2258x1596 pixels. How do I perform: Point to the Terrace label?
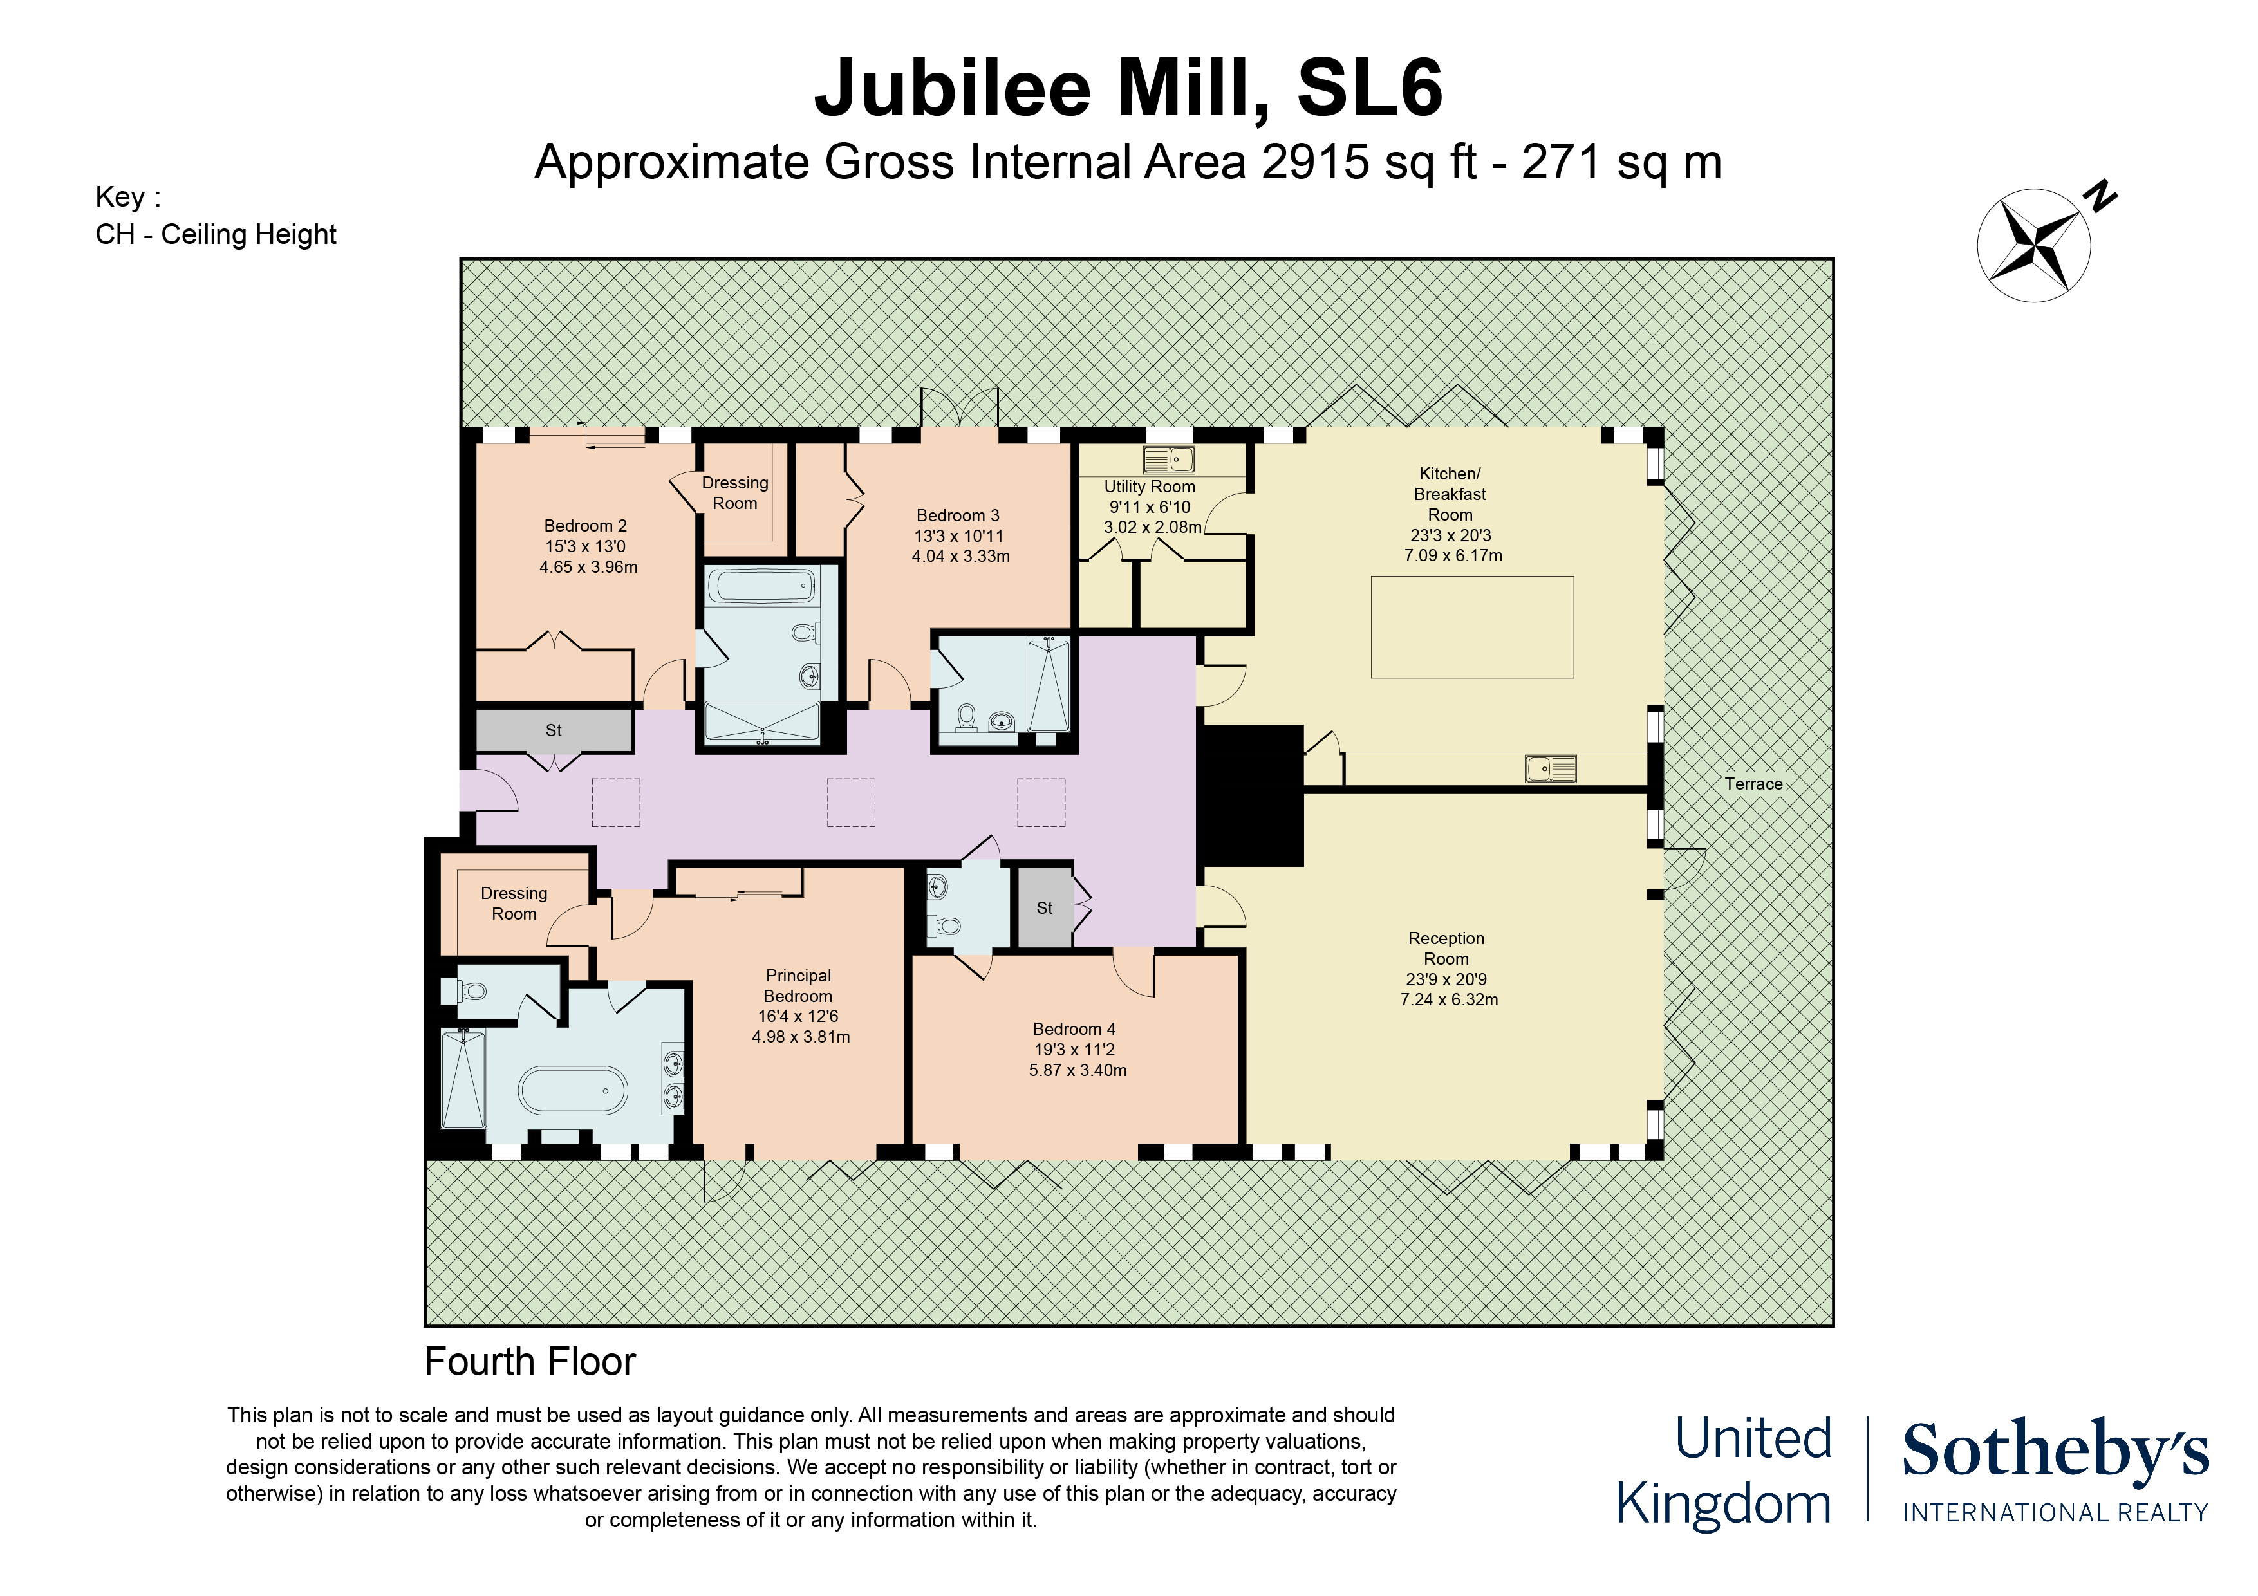(x=1753, y=784)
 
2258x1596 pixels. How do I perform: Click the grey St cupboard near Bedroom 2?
(x=554, y=730)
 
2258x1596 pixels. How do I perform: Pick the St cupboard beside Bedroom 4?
(x=1045, y=907)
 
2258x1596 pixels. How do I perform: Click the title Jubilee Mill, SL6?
(x=1128, y=89)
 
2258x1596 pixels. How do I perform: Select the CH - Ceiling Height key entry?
(x=216, y=235)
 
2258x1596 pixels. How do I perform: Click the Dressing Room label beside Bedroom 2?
(x=734, y=493)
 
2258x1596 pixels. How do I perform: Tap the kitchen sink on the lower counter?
(x=1550, y=768)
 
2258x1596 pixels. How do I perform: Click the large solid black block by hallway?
(x=1251, y=795)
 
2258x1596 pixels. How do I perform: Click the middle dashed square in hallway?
(x=851, y=803)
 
